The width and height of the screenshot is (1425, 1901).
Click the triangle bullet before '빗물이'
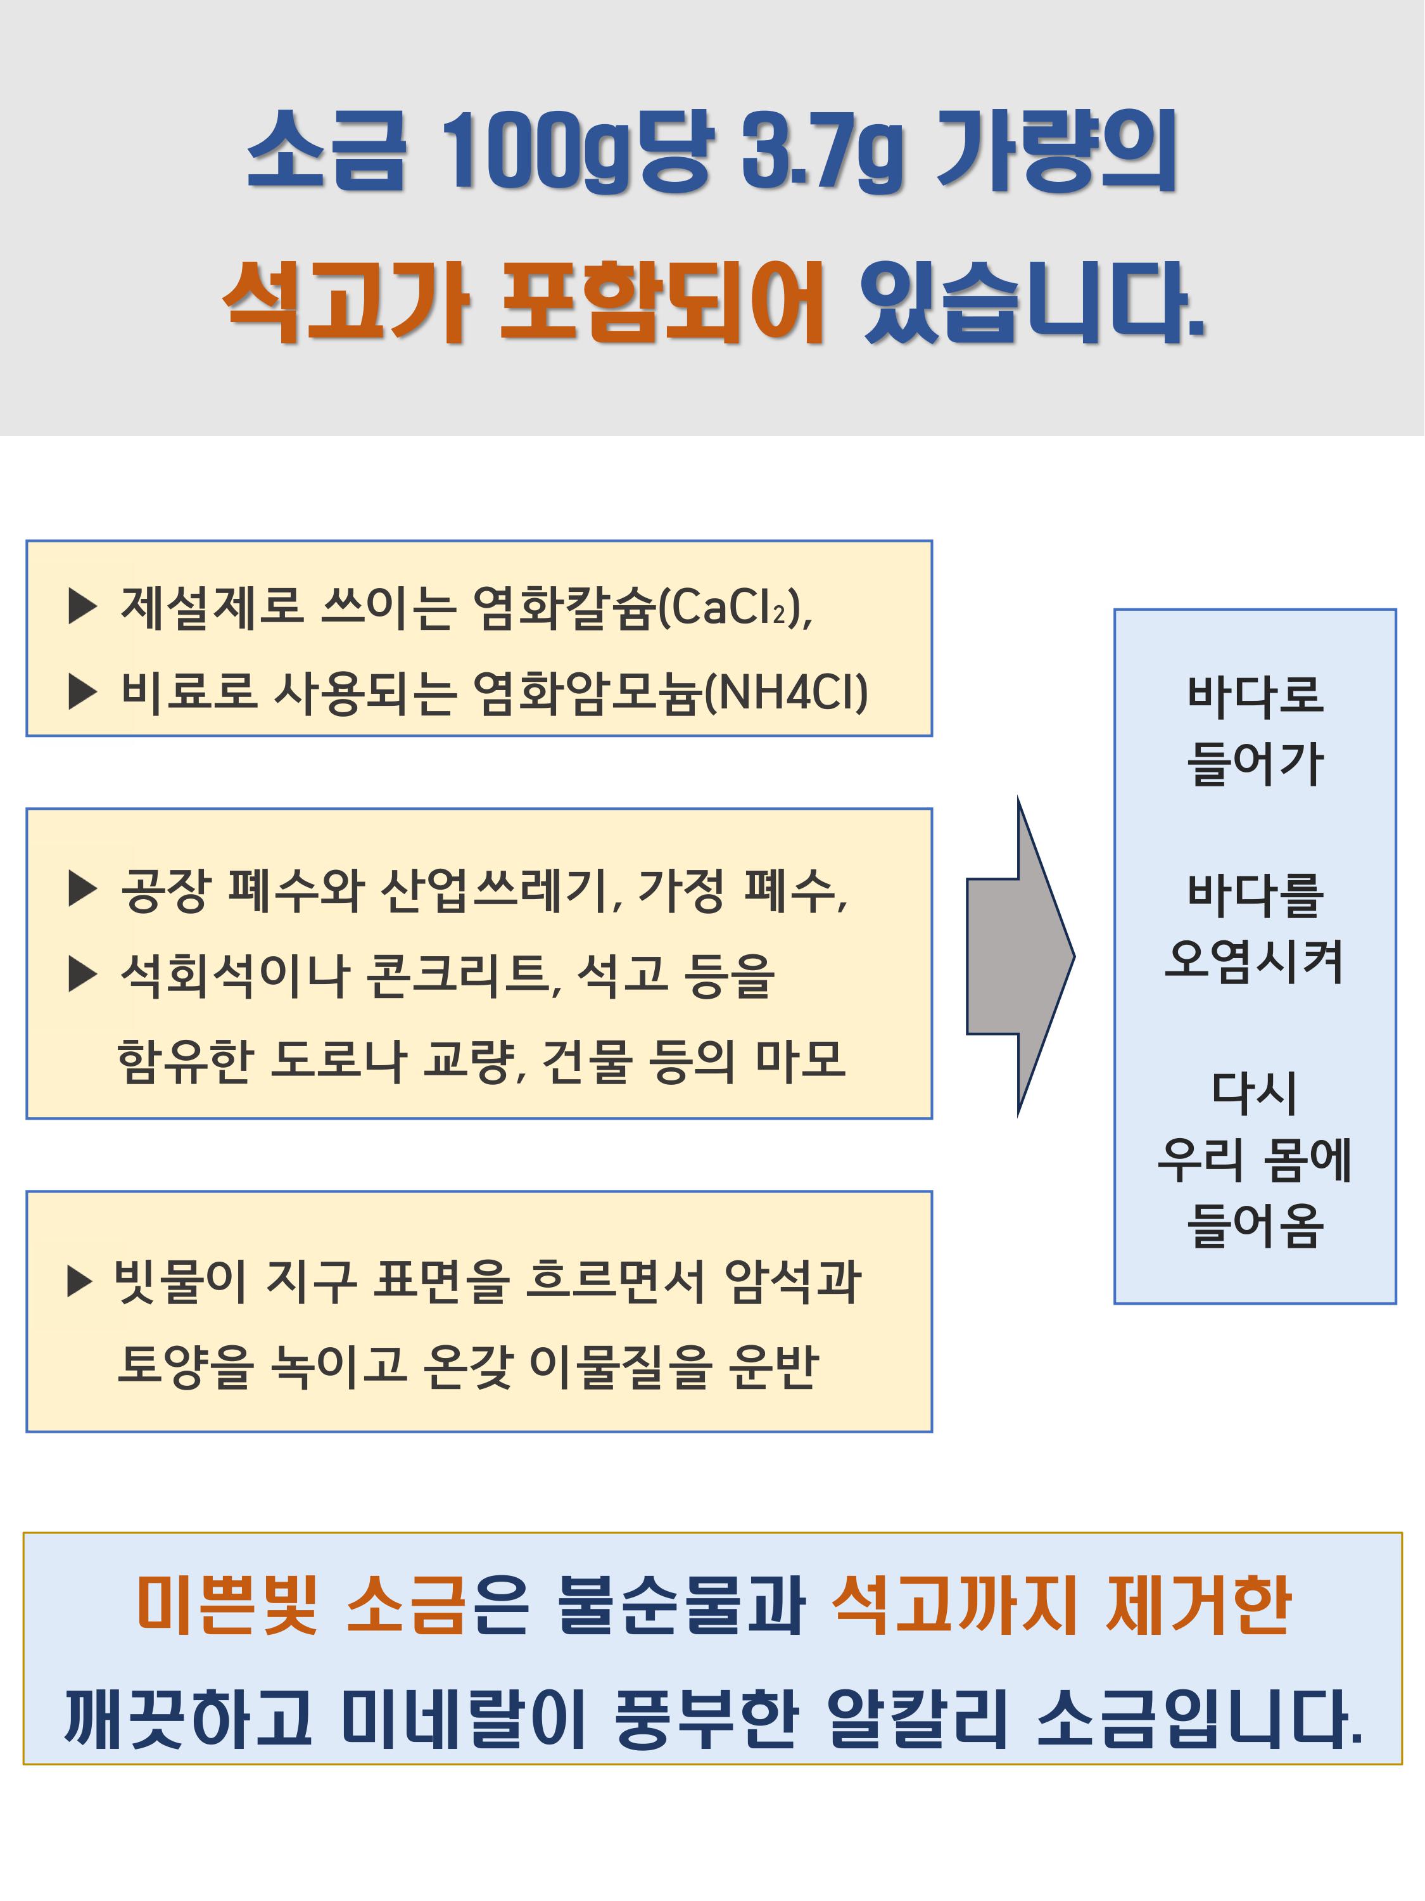80,1281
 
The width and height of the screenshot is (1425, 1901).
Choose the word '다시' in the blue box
1254,1093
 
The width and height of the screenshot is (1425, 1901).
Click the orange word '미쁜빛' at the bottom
227,1604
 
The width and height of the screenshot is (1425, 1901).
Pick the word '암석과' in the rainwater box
792,1283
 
